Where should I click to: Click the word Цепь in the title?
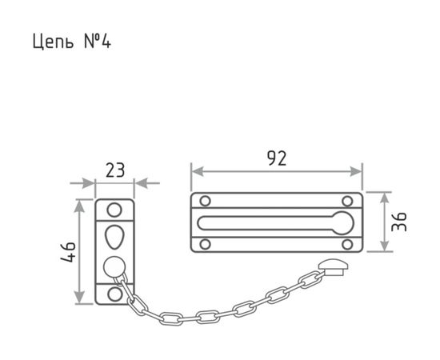54,42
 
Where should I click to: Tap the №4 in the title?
98,41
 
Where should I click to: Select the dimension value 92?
277,158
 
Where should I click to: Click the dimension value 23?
114,170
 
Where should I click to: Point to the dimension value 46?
69,252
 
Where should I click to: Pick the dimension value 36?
399,222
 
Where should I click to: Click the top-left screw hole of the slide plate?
205,201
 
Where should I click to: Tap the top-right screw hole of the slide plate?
347,201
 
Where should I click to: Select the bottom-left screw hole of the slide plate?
205,244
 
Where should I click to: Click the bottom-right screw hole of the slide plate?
347,244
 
